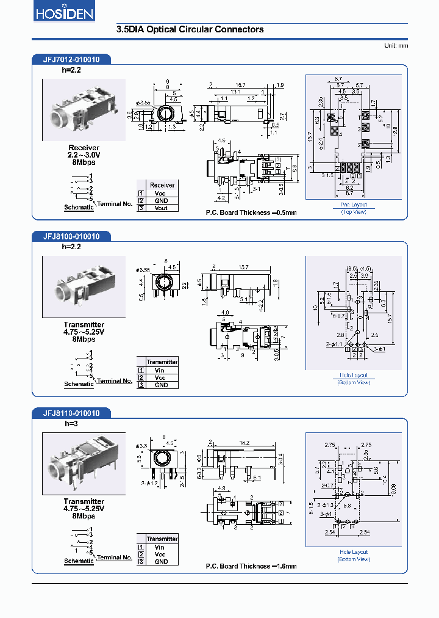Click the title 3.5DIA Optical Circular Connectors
click(x=190, y=29)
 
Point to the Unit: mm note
click(x=396, y=46)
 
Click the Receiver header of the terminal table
click(x=162, y=185)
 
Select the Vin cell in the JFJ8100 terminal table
click(x=160, y=370)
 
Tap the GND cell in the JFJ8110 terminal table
click(x=160, y=562)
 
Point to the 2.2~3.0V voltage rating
click(x=84, y=155)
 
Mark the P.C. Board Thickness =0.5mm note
click(x=251, y=213)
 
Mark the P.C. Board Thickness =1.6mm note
click(x=251, y=566)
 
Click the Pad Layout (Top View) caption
click(x=354, y=208)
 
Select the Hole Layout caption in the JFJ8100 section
click(x=354, y=376)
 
